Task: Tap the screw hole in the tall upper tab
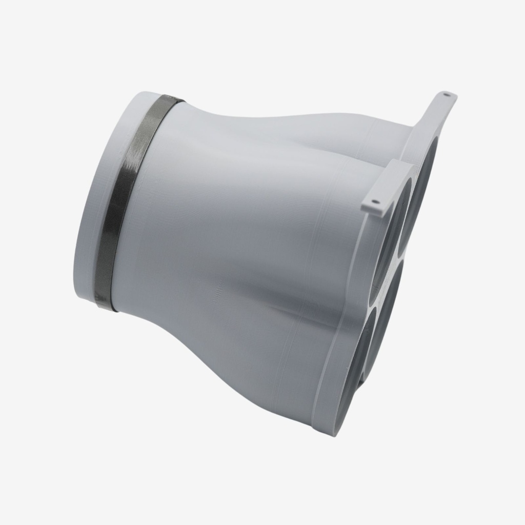pyautogui.click(x=447, y=95)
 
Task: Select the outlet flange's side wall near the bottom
pyautogui.click(x=323, y=390)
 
